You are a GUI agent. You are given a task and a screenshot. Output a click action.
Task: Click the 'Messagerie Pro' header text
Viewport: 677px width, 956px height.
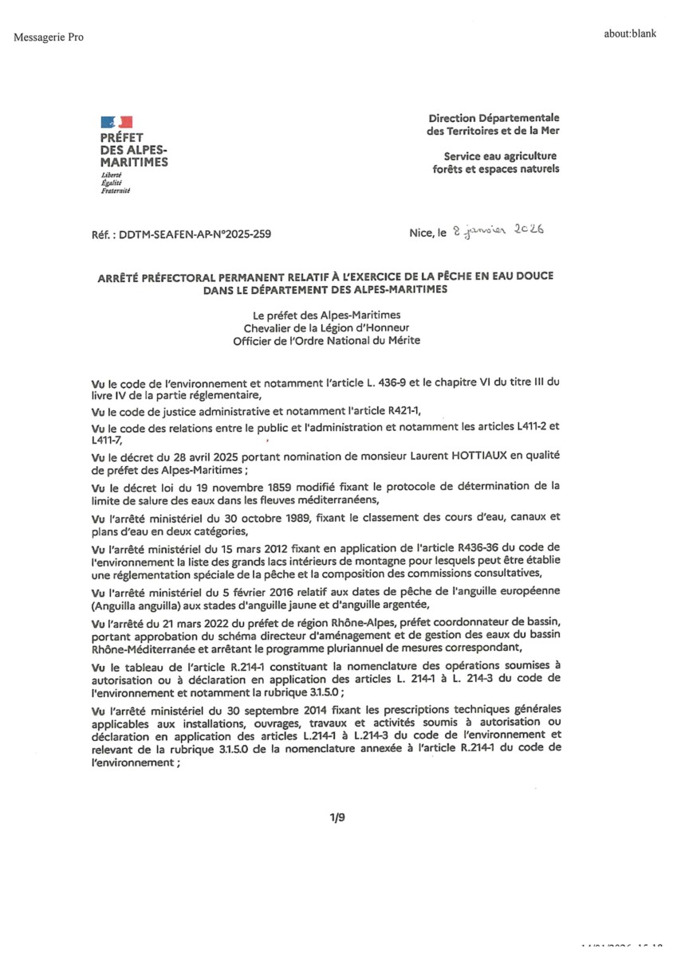(49, 37)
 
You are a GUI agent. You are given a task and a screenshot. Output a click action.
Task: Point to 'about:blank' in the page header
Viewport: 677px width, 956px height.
(630, 34)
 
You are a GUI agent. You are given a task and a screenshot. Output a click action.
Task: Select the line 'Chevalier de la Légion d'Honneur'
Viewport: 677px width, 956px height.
(326, 328)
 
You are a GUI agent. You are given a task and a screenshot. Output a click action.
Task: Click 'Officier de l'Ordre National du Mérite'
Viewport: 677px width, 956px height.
(326, 341)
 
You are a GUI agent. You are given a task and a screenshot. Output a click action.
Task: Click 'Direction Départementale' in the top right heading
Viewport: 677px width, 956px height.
(494, 118)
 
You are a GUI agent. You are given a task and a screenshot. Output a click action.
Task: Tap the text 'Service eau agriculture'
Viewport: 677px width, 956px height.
(501, 156)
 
